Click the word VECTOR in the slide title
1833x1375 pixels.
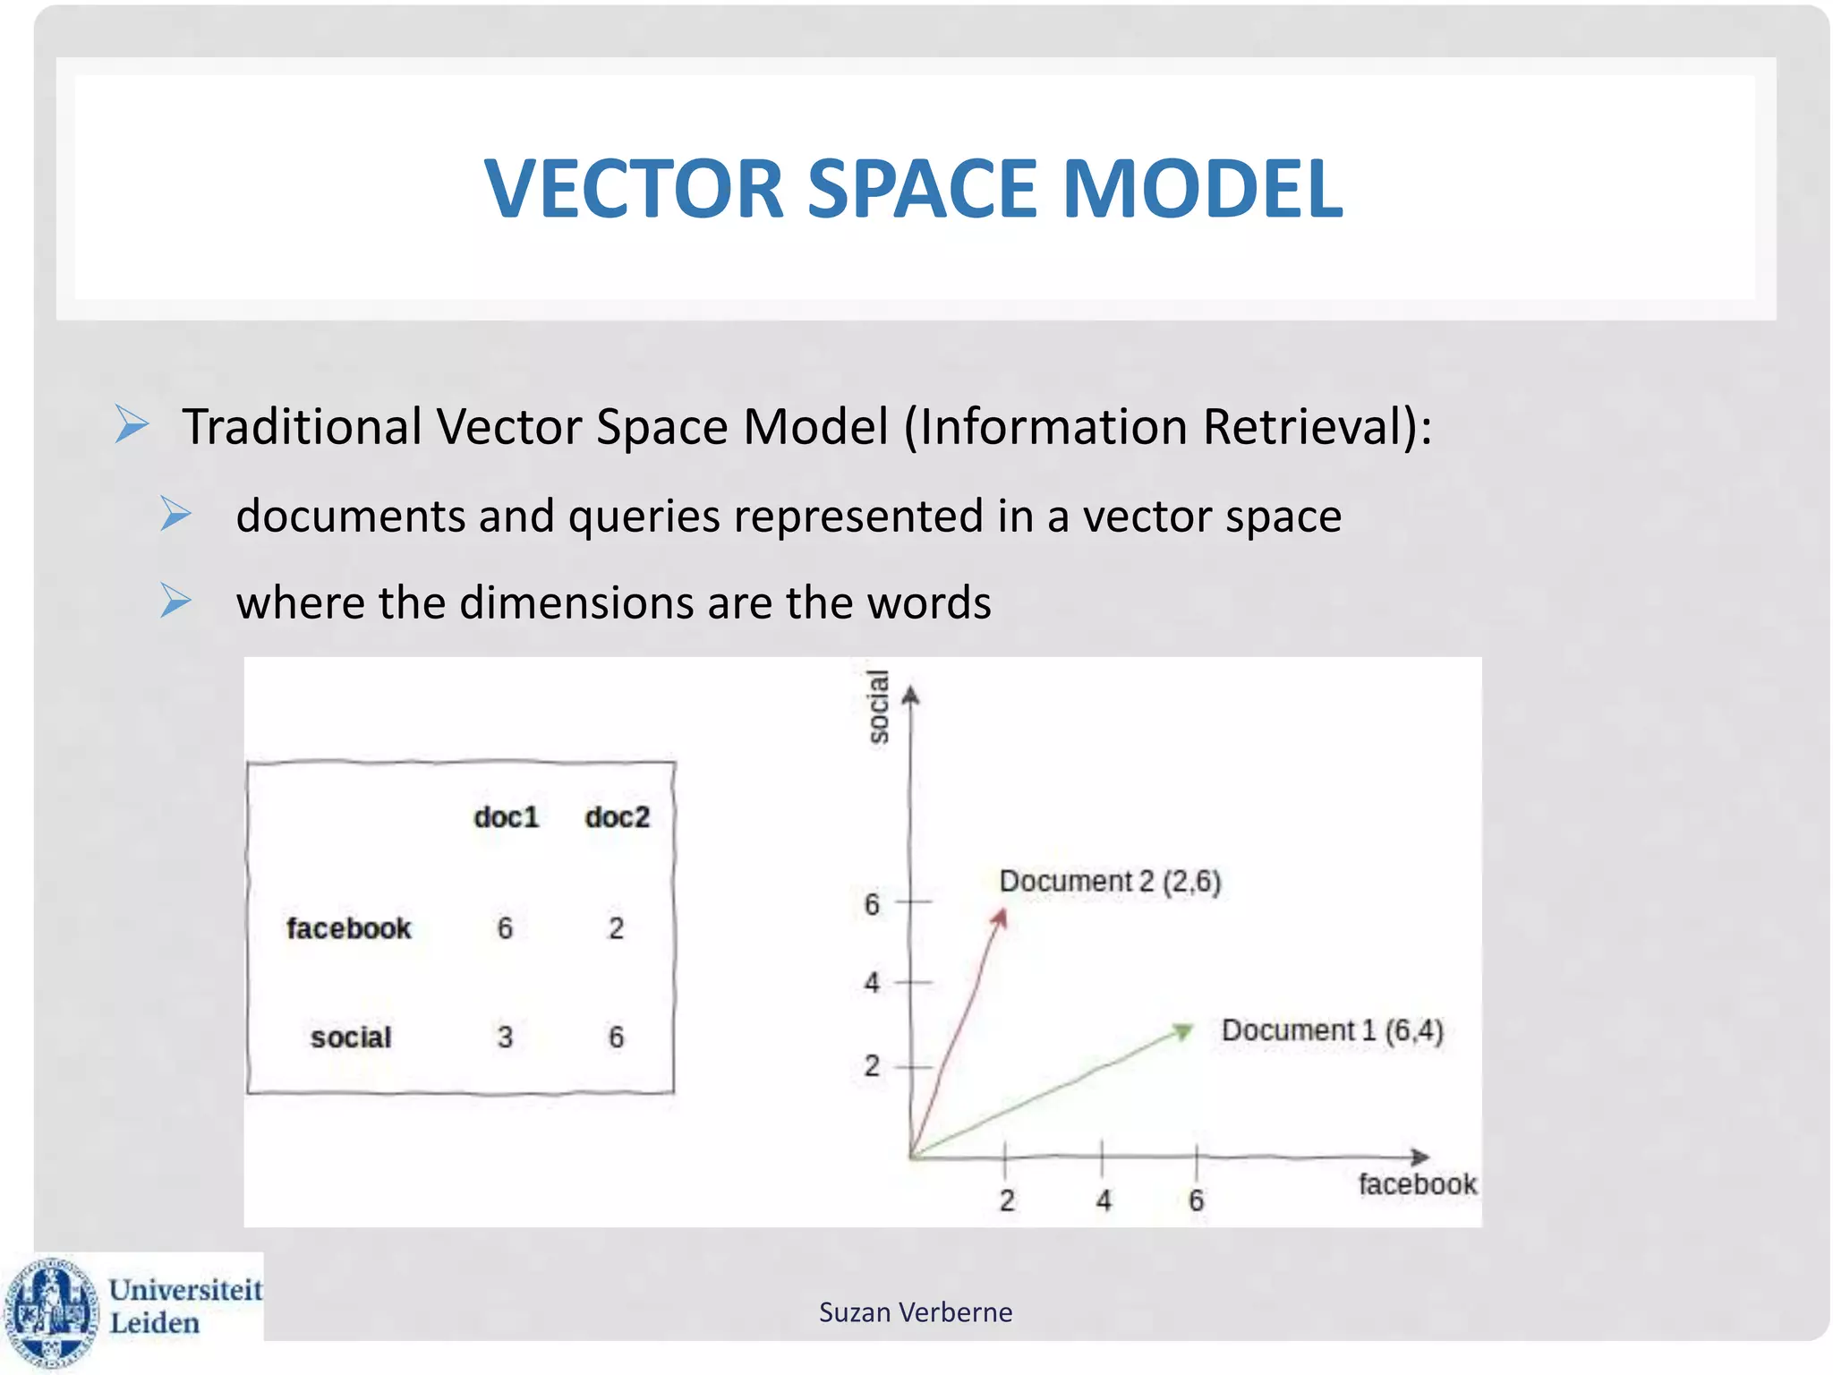point(634,188)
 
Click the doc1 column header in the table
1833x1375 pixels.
point(507,817)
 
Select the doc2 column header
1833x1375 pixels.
point(617,817)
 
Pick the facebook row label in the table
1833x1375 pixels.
point(348,928)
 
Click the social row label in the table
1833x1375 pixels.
point(351,1038)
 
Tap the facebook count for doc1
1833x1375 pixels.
point(505,928)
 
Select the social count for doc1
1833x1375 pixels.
point(505,1038)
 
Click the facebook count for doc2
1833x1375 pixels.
point(616,928)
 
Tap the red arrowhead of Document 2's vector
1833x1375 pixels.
point(1001,919)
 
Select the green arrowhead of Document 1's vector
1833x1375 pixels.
point(1182,1031)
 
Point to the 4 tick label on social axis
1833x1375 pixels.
point(872,983)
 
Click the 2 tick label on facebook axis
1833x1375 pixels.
point(1007,1200)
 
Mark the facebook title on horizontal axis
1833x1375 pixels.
point(1417,1184)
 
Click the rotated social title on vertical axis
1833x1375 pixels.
point(879,706)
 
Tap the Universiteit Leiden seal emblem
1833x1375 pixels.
point(51,1312)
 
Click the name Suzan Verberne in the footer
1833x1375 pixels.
point(916,1312)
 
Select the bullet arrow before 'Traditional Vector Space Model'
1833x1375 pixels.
point(132,424)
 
